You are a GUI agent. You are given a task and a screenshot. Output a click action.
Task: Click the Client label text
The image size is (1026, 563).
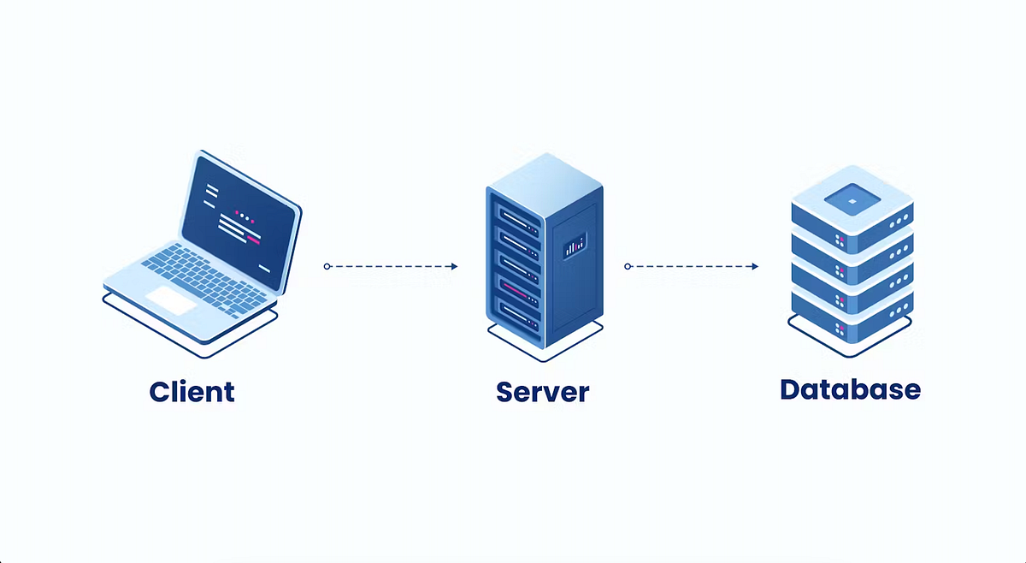(192, 392)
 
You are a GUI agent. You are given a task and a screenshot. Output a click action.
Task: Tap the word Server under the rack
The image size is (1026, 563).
(542, 392)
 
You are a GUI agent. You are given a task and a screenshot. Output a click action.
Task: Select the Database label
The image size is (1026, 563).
(850, 389)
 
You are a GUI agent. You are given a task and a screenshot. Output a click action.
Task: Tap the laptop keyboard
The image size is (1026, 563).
(205, 274)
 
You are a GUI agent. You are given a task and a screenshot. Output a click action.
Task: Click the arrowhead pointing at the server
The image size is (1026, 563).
(453, 266)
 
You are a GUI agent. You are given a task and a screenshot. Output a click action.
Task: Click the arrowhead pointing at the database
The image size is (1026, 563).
(754, 266)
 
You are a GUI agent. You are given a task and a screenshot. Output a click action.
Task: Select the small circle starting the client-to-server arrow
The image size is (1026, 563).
(327, 266)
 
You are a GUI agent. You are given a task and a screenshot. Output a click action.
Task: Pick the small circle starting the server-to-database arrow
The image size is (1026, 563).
(628, 266)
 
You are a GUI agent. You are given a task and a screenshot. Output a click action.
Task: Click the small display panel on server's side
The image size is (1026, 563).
(575, 246)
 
